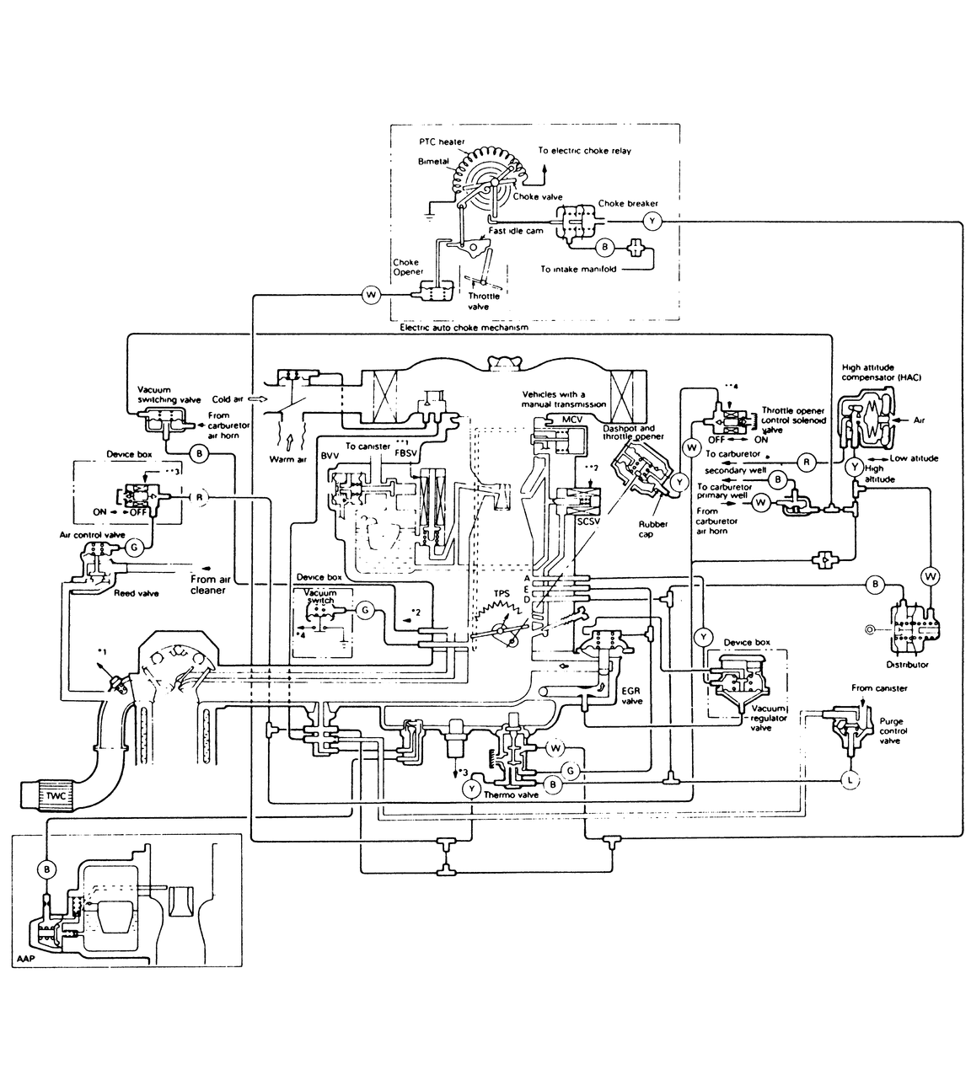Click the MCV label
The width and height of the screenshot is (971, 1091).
[560, 419]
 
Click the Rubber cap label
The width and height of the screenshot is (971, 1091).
[653, 529]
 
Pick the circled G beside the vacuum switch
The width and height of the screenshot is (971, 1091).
[365, 609]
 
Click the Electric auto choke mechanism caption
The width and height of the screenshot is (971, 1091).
[466, 328]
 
